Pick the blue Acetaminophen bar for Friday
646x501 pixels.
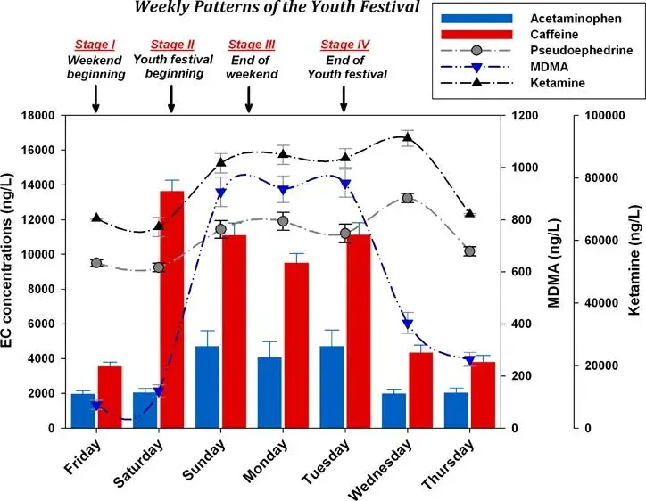[83, 410]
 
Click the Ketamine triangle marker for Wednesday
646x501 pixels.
[408, 136]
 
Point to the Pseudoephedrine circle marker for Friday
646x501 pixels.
[95, 262]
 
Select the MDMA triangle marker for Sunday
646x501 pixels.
[220, 193]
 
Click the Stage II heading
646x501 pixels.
[172, 44]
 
